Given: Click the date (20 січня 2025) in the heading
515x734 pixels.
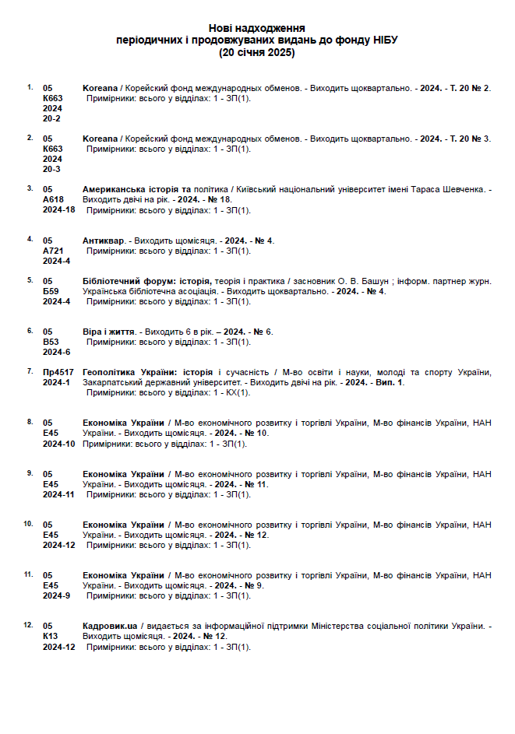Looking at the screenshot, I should pyautogui.click(x=257, y=53).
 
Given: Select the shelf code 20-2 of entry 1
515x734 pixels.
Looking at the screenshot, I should pyautogui.click(x=51, y=119).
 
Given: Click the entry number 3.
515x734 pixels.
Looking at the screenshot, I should pyautogui.click(x=30, y=188).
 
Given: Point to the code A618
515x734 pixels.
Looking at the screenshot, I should pyautogui.click(x=54, y=200).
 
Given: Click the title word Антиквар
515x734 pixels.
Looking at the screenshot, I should pyautogui.click(x=103, y=241).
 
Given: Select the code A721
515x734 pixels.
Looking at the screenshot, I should pyautogui.click(x=54, y=251).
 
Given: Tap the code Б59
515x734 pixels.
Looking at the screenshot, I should pyautogui.click(x=50, y=291).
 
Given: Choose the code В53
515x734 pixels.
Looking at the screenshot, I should pyautogui.click(x=50, y=342).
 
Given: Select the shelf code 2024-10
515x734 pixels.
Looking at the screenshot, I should pyautogui.click(x=58, y=444).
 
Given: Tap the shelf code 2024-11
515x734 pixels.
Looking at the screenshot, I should pyautogui.click(x=58, y=494).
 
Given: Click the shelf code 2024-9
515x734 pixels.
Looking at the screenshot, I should pyautogui.click(x=56, y=595).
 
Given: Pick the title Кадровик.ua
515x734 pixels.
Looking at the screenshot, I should pyautogui.click(x=110, y=626).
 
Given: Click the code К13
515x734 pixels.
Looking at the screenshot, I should pyautogui.click(x=50, y=636).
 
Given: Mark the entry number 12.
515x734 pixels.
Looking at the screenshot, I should pyautogui.click(x=28, y=624).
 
